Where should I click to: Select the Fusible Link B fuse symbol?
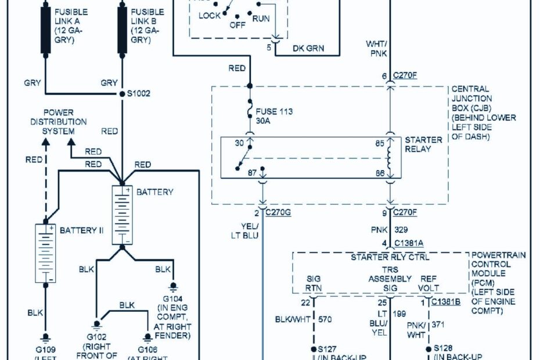click(122, 30)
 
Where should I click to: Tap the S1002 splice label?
click(139, 93)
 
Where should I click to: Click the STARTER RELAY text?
click(423, 144)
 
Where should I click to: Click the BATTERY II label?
click(81, 231)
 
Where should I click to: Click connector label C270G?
click(278, 213)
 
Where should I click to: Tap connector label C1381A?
click(408, 243)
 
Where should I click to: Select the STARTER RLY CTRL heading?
click(381, 256)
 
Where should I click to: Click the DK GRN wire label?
click(308, 48)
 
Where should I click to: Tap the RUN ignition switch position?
click(261, 19)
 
